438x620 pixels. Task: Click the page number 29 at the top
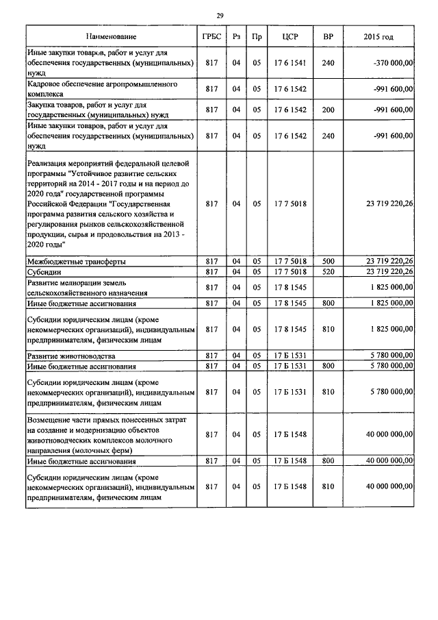(x=220, y=15)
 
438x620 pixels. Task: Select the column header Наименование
(x=111, y=36)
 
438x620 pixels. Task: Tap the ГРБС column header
(x=211, y=36)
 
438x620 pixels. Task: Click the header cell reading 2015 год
(x=378, y=36)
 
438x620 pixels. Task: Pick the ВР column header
(x=328, y=36)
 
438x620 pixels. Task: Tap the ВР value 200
(x=328, y=110)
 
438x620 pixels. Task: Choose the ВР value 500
(x=328, y=261)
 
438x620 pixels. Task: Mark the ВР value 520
(x=328, y=272)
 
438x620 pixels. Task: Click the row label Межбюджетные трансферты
(x=76, y=262)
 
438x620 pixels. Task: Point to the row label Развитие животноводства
(x=71, y=356)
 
